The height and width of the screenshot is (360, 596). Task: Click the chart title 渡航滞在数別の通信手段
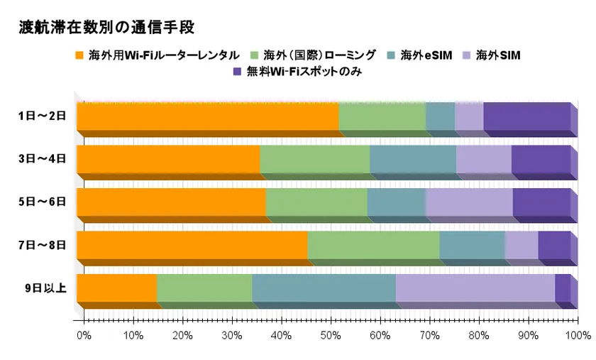[106, 28]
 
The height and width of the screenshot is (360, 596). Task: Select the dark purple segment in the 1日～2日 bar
[526, 116]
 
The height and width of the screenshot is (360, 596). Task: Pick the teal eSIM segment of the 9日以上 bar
[324, 288]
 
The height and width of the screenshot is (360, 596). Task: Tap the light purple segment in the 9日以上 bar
[475, 288]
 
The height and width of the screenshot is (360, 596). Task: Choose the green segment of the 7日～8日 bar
[373, 245]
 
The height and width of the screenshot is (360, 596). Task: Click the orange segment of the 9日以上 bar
[116, 288]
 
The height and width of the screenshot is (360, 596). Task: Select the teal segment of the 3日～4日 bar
[412, 159]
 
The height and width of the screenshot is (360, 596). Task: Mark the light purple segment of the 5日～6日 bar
[468, 202]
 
